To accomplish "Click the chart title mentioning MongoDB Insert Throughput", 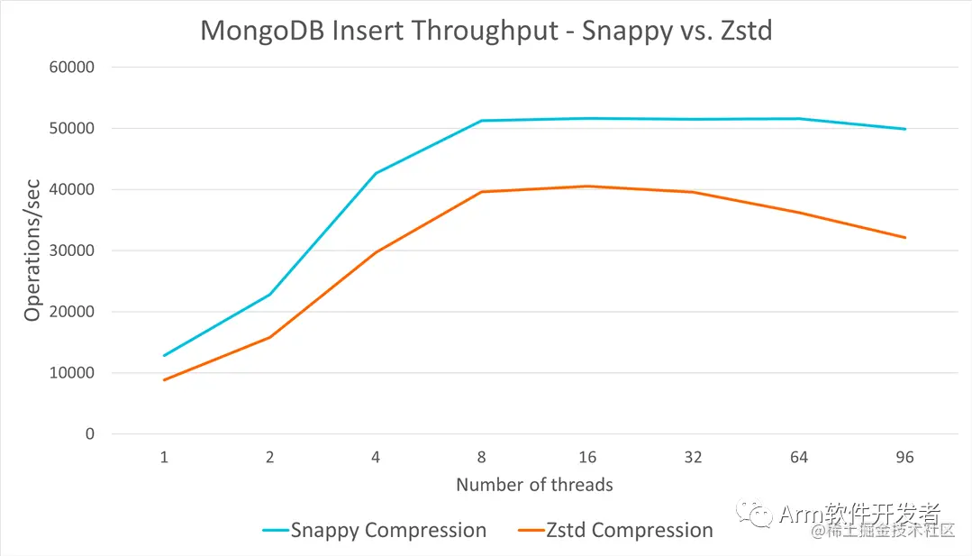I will (486, 31).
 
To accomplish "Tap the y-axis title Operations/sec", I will (33, 251).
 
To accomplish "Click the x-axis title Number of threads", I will (534, 485).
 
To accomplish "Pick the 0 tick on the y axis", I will (89, 433).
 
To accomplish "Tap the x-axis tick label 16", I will (587, 458).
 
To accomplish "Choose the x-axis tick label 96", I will (904, 458).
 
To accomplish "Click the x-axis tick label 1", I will (164, 458).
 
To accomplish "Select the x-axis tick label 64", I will (799, 458).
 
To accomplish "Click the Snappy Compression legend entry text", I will (388, 530).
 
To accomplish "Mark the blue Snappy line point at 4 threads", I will (376, 173).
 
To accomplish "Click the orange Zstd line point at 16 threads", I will (587, 187).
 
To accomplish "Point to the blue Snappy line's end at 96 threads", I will (904, 129).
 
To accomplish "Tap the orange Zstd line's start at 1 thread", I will (164, 380).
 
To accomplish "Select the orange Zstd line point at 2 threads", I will (269, 337).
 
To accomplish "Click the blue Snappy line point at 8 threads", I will (482, 121).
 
